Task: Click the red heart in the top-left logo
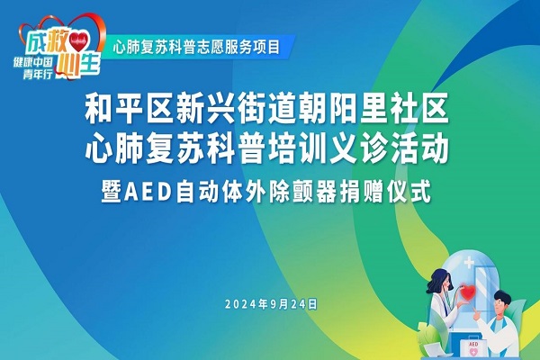pos(79,41)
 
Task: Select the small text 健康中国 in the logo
pos(32,62)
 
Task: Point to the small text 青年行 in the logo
pos(38,74)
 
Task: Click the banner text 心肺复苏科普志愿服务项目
pos(196,47)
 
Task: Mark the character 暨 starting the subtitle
pos(112,192)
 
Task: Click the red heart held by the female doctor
pos(467,292)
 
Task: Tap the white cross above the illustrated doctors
pos(469,264)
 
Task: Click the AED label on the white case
pos(473,344)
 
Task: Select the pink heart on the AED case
pos(473,352)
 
